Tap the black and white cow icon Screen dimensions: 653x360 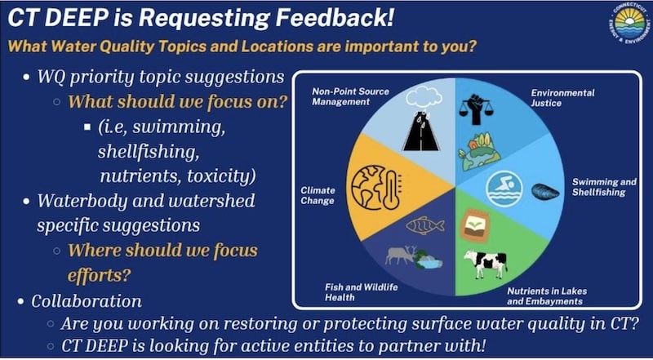485,264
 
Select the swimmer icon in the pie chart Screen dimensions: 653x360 504,189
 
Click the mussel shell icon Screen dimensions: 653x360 545,191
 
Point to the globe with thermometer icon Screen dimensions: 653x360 376,188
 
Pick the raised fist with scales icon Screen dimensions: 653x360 476,109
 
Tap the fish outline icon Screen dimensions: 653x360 424,225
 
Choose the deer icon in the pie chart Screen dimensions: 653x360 401,255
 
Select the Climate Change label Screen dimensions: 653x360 318,195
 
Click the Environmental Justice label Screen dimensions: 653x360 562,98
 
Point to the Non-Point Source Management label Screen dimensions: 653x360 350,96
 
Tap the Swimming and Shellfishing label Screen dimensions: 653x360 604,187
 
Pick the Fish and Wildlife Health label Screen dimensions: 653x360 361,292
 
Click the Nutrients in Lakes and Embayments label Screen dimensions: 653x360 547,296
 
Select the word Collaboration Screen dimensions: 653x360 87,301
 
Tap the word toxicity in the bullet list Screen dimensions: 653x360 220,176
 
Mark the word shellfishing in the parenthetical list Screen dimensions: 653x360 149,152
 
